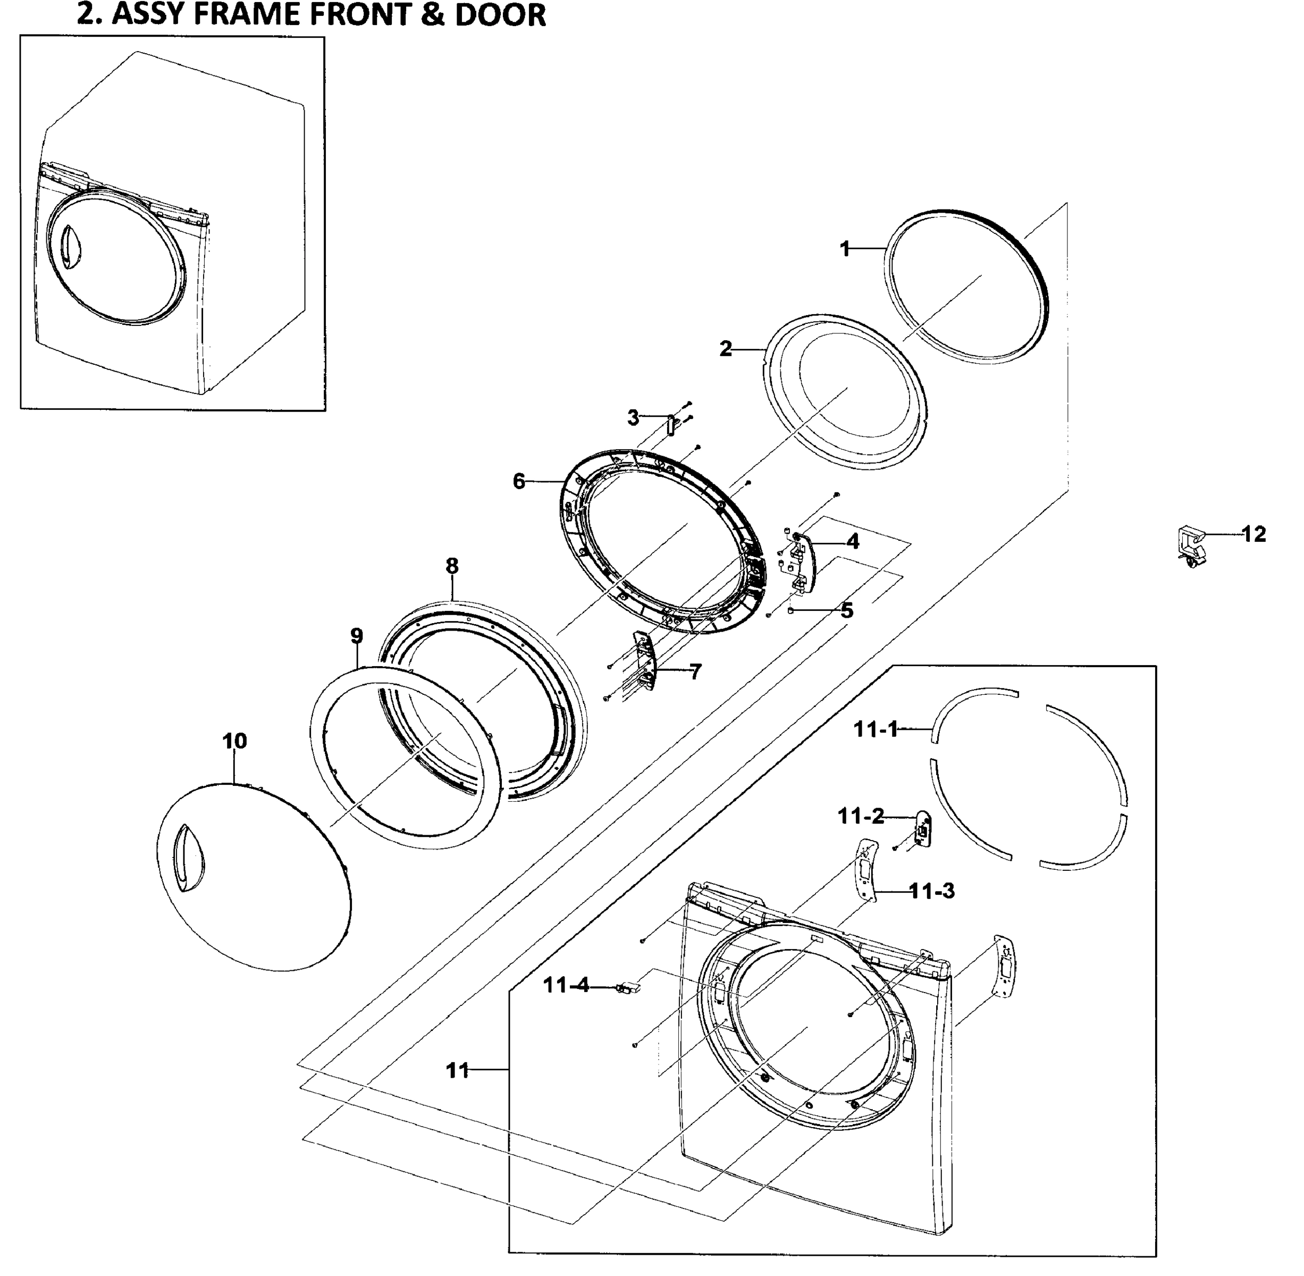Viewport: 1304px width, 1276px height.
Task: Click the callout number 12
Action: pyautogui.click(x=1253, y=534)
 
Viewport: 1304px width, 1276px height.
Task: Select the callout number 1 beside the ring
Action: pyautogui.click(x=845, y=249)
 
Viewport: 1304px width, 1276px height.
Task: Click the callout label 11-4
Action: pyautogui.click(x=566, y=985)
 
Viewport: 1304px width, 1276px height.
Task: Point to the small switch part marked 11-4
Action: pyautogui.click(x=628, y=987)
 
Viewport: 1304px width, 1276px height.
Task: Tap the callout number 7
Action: pyautogui.click(x=695, y=671)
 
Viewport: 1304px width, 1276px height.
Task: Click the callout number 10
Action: pyautogui.click(x=234, y=741)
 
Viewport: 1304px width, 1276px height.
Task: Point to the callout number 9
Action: pyautogui.click(x=357, y=635)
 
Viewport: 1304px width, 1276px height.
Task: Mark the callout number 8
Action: pyautogui.click(x=452, y=566)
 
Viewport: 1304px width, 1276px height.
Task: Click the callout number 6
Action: pyautogui.click(x=519, y=481)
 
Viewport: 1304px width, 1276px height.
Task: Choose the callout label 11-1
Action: pyautogui.click(x=875, y=729)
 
